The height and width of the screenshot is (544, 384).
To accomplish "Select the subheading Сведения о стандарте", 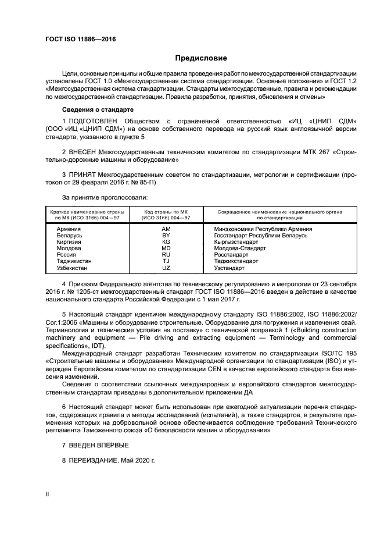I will click(x=98, y=109).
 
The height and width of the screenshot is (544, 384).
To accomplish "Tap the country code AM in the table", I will click(x=166, y=229).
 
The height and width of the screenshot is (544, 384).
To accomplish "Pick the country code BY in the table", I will click(x=166, y=235).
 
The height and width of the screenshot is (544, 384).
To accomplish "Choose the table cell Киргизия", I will click(x=69, y=241).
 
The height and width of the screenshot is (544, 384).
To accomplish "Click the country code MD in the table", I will click(x=166, y=248).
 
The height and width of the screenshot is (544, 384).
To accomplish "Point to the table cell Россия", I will click(x=66, y=254).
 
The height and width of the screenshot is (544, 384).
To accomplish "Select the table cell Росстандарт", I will click(x=231, y=254).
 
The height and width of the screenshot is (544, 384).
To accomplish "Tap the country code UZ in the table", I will click(x=166, y=268).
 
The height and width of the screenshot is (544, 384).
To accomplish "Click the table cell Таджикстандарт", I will click(x=236, y=261).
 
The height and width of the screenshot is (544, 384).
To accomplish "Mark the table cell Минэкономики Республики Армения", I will click(x=263, y=229).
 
